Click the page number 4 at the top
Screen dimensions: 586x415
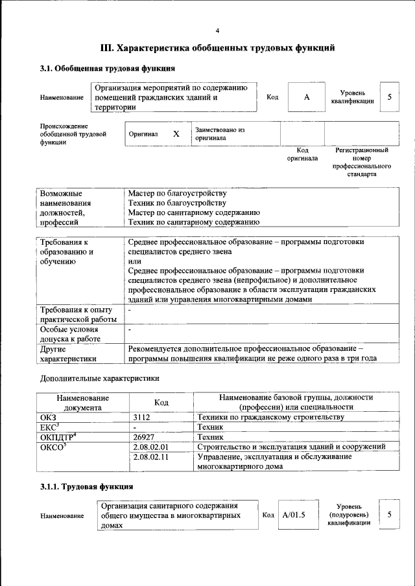pyautogui.click(x=218, y=30)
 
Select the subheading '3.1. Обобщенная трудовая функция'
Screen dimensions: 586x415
pyautogui.click(x=107, y=68)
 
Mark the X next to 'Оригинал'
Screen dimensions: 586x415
pyautogui.click(x=176, y=134)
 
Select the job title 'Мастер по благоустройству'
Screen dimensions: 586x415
pyautogui.click(x=177, y=194)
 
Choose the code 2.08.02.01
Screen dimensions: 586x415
pyautogui.click(x=150, y=447)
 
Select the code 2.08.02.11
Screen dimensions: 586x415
pyautogui.click(x=150, y=456)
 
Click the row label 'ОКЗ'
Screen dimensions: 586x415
pyautogui.click(x=49, y=418)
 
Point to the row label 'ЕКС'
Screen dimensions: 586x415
pyautogui.click(x=50, y=427)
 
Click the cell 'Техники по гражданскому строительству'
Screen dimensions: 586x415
pyautogui.click(x=270, y=418)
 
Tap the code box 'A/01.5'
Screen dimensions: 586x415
pyautogui.click(x=294, y=515)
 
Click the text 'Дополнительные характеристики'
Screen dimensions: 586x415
pyautogui.click(x=99, y=378)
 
